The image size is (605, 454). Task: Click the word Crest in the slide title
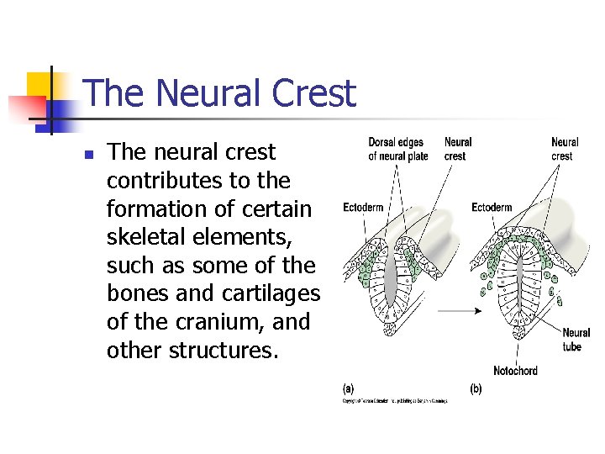click(x=315, y=93)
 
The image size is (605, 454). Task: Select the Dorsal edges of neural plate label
click(x=397, y=149)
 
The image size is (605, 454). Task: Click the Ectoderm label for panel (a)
click(x=364, y=208)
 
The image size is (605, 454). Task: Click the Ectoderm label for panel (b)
click(x=492, y=208)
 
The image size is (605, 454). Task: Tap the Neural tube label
click(x=576, y=340)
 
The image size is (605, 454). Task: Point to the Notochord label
click(x=515, y=371)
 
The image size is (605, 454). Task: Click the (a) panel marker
click(x=348, y=388)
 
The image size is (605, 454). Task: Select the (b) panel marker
click(x=476, y=388)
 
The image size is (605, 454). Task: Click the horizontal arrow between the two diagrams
click(x=459, y=310)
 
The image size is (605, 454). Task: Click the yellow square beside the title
click(x=39, y=85)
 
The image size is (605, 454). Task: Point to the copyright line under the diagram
click(x=394, y=402)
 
